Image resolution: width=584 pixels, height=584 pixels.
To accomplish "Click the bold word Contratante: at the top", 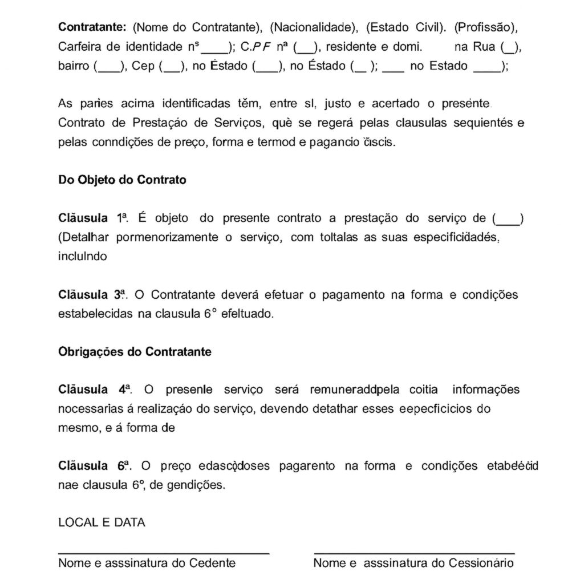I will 92,27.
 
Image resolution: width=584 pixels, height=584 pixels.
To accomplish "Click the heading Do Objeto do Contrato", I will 122,180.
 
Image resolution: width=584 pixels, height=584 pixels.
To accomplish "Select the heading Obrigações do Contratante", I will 135,352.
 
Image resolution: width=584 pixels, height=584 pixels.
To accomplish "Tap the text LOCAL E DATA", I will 102,522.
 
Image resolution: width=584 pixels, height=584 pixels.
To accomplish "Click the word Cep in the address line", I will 143,66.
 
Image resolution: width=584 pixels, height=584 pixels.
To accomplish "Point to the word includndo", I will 82,257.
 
